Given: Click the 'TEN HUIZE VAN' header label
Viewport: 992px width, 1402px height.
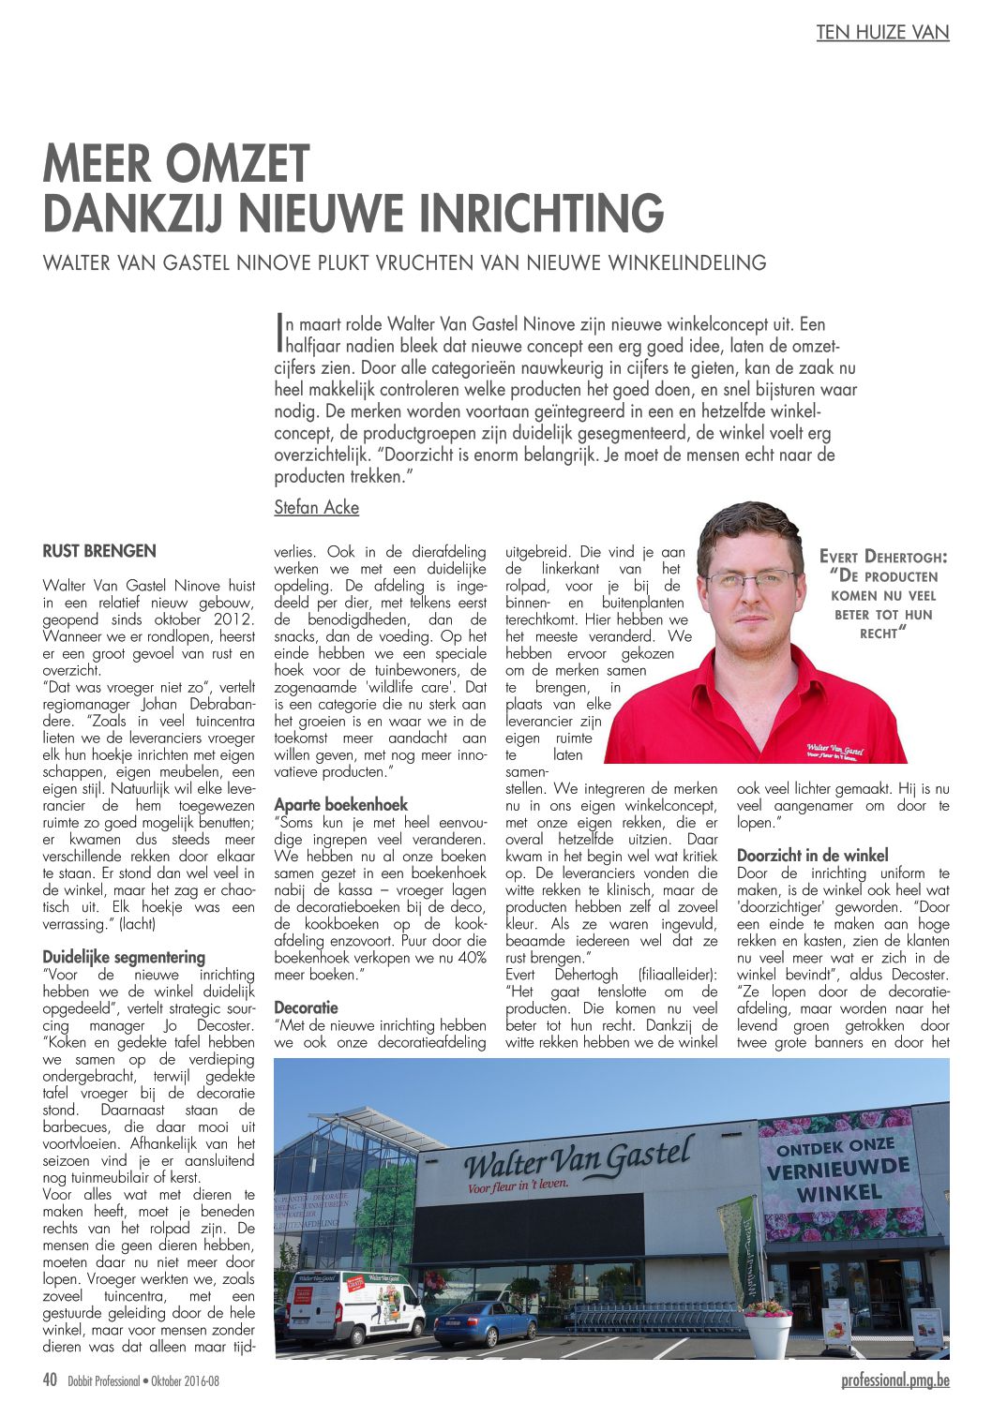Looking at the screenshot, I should (882, 32).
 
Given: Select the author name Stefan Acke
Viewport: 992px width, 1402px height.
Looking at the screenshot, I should (316, 508).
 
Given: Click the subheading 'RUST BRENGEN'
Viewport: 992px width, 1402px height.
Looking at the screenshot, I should (99, 551).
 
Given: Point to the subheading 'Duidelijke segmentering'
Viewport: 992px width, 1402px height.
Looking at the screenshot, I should (124, 957).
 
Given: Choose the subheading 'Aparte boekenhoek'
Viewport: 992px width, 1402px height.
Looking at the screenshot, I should (340, 804).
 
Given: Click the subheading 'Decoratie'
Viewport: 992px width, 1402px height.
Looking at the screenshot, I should (306, 1007).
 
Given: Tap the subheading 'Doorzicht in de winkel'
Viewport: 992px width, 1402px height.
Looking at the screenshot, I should (812, 855).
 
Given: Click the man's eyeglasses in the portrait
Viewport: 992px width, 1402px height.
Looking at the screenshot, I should (751, 581).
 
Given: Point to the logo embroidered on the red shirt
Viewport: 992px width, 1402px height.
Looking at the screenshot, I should (834, 750).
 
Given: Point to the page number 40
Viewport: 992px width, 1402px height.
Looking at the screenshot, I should (51, 1380).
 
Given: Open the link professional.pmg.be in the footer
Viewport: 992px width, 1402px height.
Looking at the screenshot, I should (894, 1380).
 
